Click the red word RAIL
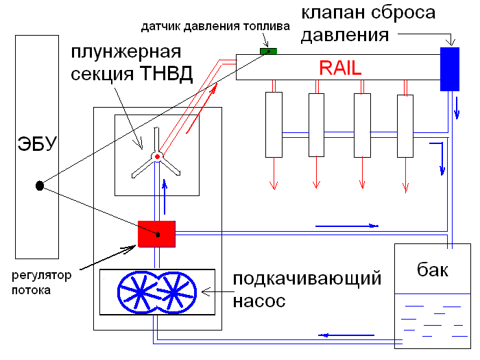[x=340, y=67]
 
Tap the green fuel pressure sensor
[x=268, y=51]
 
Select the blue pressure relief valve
[x=450, y=69]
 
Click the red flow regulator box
[x=156, y=234]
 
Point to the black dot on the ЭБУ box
[x=40, y=184]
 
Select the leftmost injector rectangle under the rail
[x=274, y=124]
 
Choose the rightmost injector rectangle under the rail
[x=407, y=124]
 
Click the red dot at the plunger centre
[x=157, y=157]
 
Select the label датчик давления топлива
[x=215, y=27]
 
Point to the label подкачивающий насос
[x=307, y=290]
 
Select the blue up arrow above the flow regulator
[x=164, y=188]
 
